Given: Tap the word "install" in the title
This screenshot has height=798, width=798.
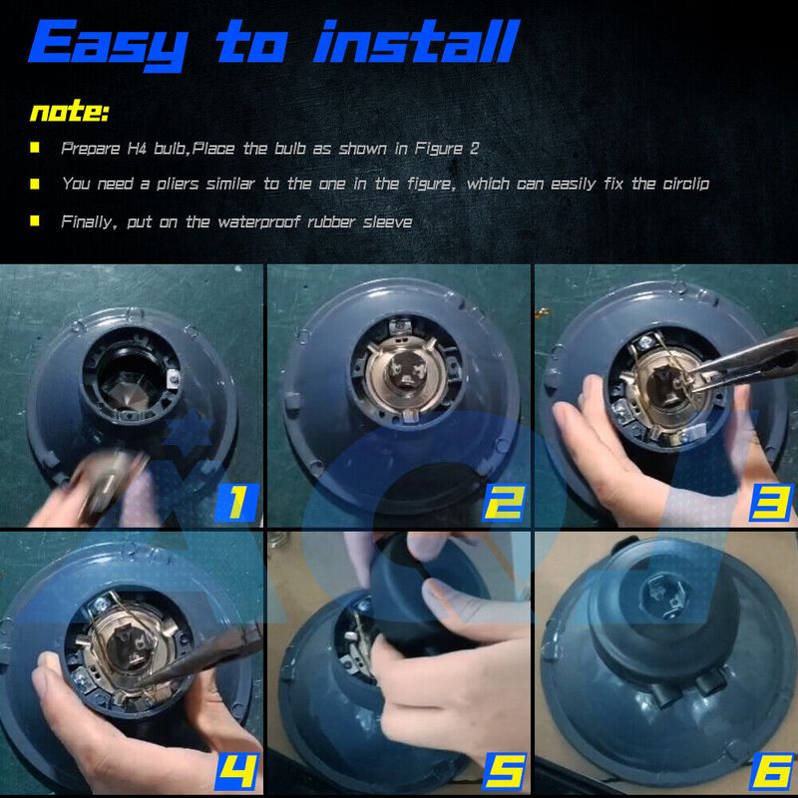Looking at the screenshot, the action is tap(416, 41).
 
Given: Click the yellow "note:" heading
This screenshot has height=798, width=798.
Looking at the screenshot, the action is tap(69, 111).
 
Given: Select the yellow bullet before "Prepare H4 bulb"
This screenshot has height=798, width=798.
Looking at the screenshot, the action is tap(35, 148).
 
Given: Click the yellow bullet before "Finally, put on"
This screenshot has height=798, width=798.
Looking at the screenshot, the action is tap(35, 220).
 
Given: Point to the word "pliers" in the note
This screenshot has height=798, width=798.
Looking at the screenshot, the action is tap(178, 184).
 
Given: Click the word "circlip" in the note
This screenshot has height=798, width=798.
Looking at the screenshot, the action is tap(685, 184).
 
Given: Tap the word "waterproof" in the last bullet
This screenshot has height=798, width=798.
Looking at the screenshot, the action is tap(259, 222).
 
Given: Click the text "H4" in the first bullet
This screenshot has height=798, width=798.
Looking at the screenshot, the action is tap(137, 148).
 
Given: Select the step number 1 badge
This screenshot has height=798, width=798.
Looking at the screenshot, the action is tap(237, 503).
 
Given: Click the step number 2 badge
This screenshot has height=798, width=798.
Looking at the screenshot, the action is tap(504, 503).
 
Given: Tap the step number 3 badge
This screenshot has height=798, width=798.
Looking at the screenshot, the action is tap(771, 503).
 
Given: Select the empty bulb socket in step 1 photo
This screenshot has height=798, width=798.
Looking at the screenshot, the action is tap(131, 377).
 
